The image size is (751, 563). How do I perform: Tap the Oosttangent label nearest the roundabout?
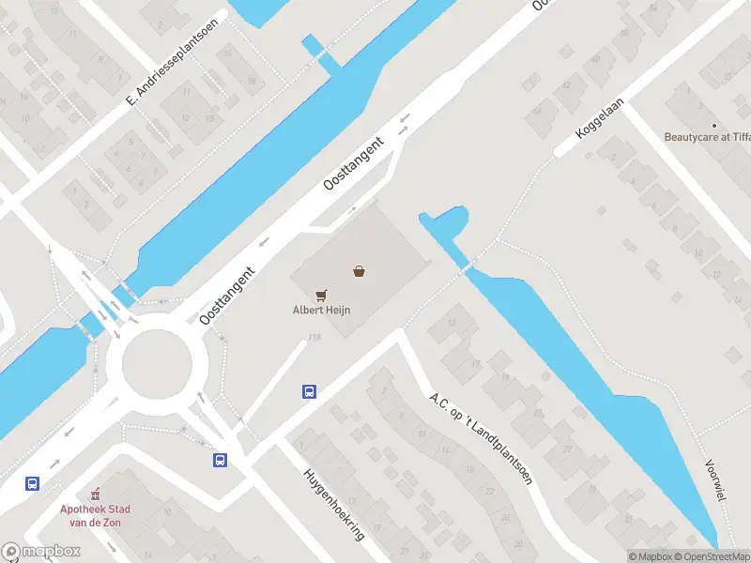coord(227,296)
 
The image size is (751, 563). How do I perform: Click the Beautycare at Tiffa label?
coord(707,137)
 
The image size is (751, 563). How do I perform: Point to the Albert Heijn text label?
coord(321,310)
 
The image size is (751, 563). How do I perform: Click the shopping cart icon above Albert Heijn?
coord(321,295)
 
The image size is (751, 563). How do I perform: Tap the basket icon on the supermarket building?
coord(359,271)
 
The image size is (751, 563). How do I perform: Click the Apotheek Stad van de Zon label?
coord(96,515)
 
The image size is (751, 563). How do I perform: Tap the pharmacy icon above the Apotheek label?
coord(95,494)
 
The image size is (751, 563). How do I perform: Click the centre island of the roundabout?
coord(157,359)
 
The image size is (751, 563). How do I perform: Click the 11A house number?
coord(314,339)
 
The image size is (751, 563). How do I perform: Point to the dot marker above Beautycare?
coord(713,125)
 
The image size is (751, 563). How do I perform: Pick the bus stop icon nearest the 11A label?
coord(308,391)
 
